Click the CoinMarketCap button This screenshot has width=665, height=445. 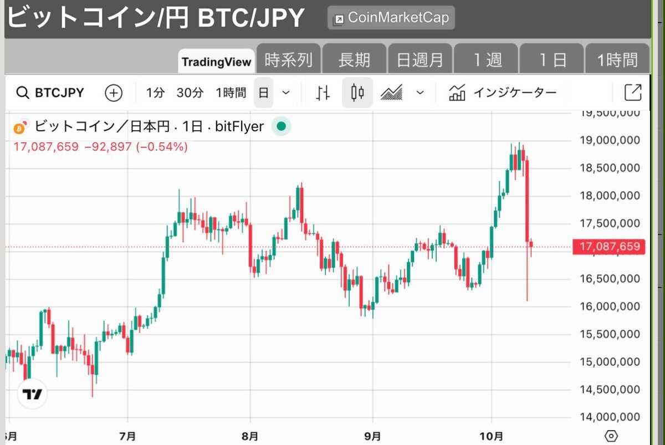click(x=391, y=18)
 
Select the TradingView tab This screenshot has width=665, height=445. click(x=217, y=62)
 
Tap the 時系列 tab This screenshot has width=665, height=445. click(x=289, y=60)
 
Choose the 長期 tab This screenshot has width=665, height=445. click(x=354, y=60)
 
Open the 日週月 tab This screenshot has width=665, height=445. click(x=420, y=60)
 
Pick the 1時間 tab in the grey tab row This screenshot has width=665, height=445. click(x=617, y=60)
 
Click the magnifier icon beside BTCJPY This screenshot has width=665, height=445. click(x=22, y=93)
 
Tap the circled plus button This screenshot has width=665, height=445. click(x=114, y=93)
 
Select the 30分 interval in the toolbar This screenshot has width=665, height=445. click(x=190, y=93)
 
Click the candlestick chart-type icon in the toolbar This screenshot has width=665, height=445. click(x=357, y=93)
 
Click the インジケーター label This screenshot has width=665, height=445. click(x=514, y=93)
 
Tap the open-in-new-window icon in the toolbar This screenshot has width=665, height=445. click(x=633, y=93)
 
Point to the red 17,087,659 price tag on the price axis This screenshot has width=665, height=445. click(x=609, y=247)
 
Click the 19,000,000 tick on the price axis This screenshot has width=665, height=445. click(x=610, y=140)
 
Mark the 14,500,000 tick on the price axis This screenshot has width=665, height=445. click(x=610, y=390)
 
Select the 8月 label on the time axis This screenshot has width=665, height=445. click(x=250, y=436)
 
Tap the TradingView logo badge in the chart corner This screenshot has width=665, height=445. click(x=33, y=394)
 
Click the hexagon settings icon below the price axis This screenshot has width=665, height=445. click(x=611, y=436)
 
